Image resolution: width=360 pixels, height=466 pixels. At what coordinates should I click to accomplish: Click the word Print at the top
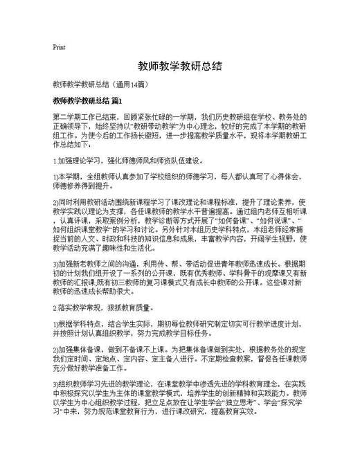(59, 47)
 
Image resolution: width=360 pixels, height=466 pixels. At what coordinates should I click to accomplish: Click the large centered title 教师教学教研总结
(179, 66)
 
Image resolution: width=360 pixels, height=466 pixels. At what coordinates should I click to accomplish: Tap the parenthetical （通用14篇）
(128, 84)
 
